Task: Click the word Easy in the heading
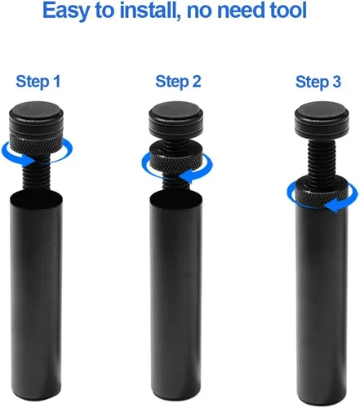tap(66, 11)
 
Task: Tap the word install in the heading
tap(149, 10)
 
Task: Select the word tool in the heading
tap(286, 10)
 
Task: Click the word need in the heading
tap(239, 10)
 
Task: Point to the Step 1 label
tap(38, 82)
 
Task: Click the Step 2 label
tap(178, 82)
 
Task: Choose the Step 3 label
tap(318, 82)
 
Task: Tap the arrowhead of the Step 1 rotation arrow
tap(28, 162)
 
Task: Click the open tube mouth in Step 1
tap(36, 201)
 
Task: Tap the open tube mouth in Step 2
tap(176, 201)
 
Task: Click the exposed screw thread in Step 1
tap(36, 175)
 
